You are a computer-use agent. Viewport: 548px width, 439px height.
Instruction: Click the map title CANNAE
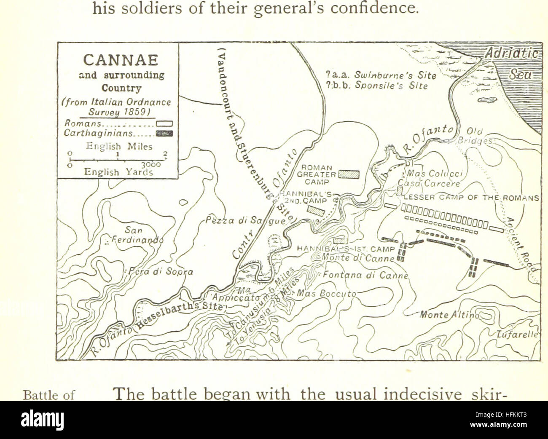121,59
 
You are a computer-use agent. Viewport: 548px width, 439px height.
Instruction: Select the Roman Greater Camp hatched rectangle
349,174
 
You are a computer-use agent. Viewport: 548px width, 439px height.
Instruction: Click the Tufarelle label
517,335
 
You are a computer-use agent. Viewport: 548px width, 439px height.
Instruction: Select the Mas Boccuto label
327,293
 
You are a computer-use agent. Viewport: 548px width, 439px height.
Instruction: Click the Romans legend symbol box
164,124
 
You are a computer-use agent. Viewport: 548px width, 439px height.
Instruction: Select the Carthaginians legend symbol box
164,134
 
